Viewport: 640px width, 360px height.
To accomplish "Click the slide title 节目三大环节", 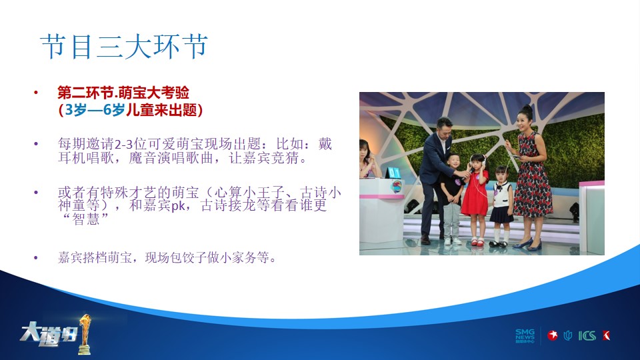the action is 124,47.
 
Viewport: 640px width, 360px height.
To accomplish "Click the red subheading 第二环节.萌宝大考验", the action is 123,93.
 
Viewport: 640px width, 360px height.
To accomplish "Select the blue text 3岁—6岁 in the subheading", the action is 95,110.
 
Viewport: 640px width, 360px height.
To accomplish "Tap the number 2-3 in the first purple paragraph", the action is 124,144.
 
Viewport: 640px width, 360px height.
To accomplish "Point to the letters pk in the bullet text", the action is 177,206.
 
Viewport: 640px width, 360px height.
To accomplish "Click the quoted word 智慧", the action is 86,219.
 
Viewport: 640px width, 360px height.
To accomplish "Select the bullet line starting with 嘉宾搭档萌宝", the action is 167,257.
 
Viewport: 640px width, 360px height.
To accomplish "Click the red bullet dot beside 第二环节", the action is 36,93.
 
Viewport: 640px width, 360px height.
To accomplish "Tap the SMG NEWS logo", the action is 525,336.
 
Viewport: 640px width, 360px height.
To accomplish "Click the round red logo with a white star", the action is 553,335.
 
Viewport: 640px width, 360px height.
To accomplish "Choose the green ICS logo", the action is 587,336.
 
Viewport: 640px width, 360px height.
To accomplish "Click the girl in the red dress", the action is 476,199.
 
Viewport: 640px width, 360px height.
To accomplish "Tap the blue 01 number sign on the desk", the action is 393,173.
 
